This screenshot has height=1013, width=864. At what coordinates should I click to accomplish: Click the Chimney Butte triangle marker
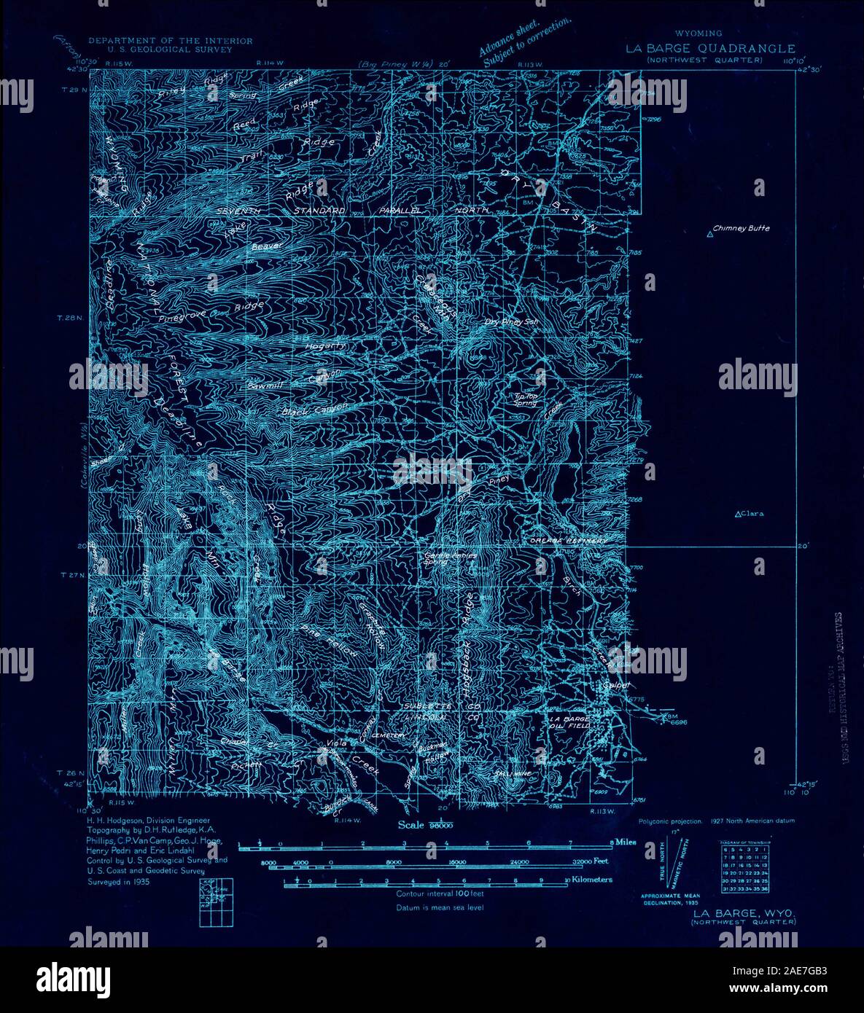coord(710,233)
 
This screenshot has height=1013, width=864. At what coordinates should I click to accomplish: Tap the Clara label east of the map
coord(752,514)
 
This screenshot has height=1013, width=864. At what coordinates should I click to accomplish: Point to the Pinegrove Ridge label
coord(206,313)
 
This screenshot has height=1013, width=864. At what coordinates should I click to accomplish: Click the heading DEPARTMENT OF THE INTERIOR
coord(170,42)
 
